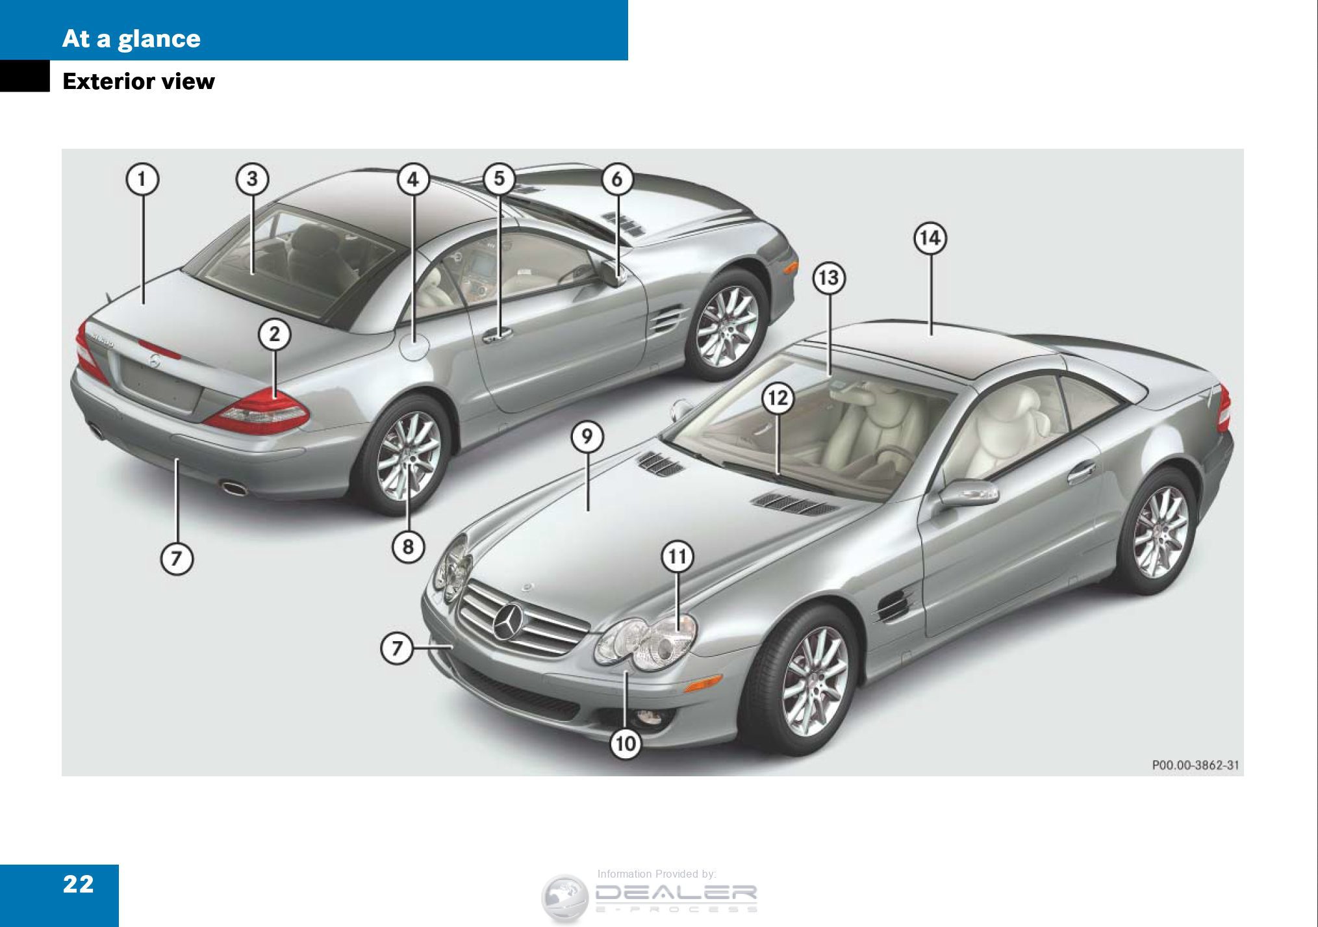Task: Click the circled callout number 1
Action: [x=142, y=179]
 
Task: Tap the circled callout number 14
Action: [x=930, y=238]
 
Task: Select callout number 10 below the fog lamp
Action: [x=626, y=743]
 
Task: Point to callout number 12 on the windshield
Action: [x=778, y=398]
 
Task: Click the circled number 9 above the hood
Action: [x=587, y=437]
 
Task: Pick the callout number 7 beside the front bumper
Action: [x=396, y=648]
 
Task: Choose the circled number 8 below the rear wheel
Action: [x=408, y=546]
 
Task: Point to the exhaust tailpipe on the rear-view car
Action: [x=234, y=487]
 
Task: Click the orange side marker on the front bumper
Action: [x=703, y=682]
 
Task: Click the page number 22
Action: [x=78, y=884]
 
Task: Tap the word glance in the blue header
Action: [x=158, y=39]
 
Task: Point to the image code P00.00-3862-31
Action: [x=1195, y=765]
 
